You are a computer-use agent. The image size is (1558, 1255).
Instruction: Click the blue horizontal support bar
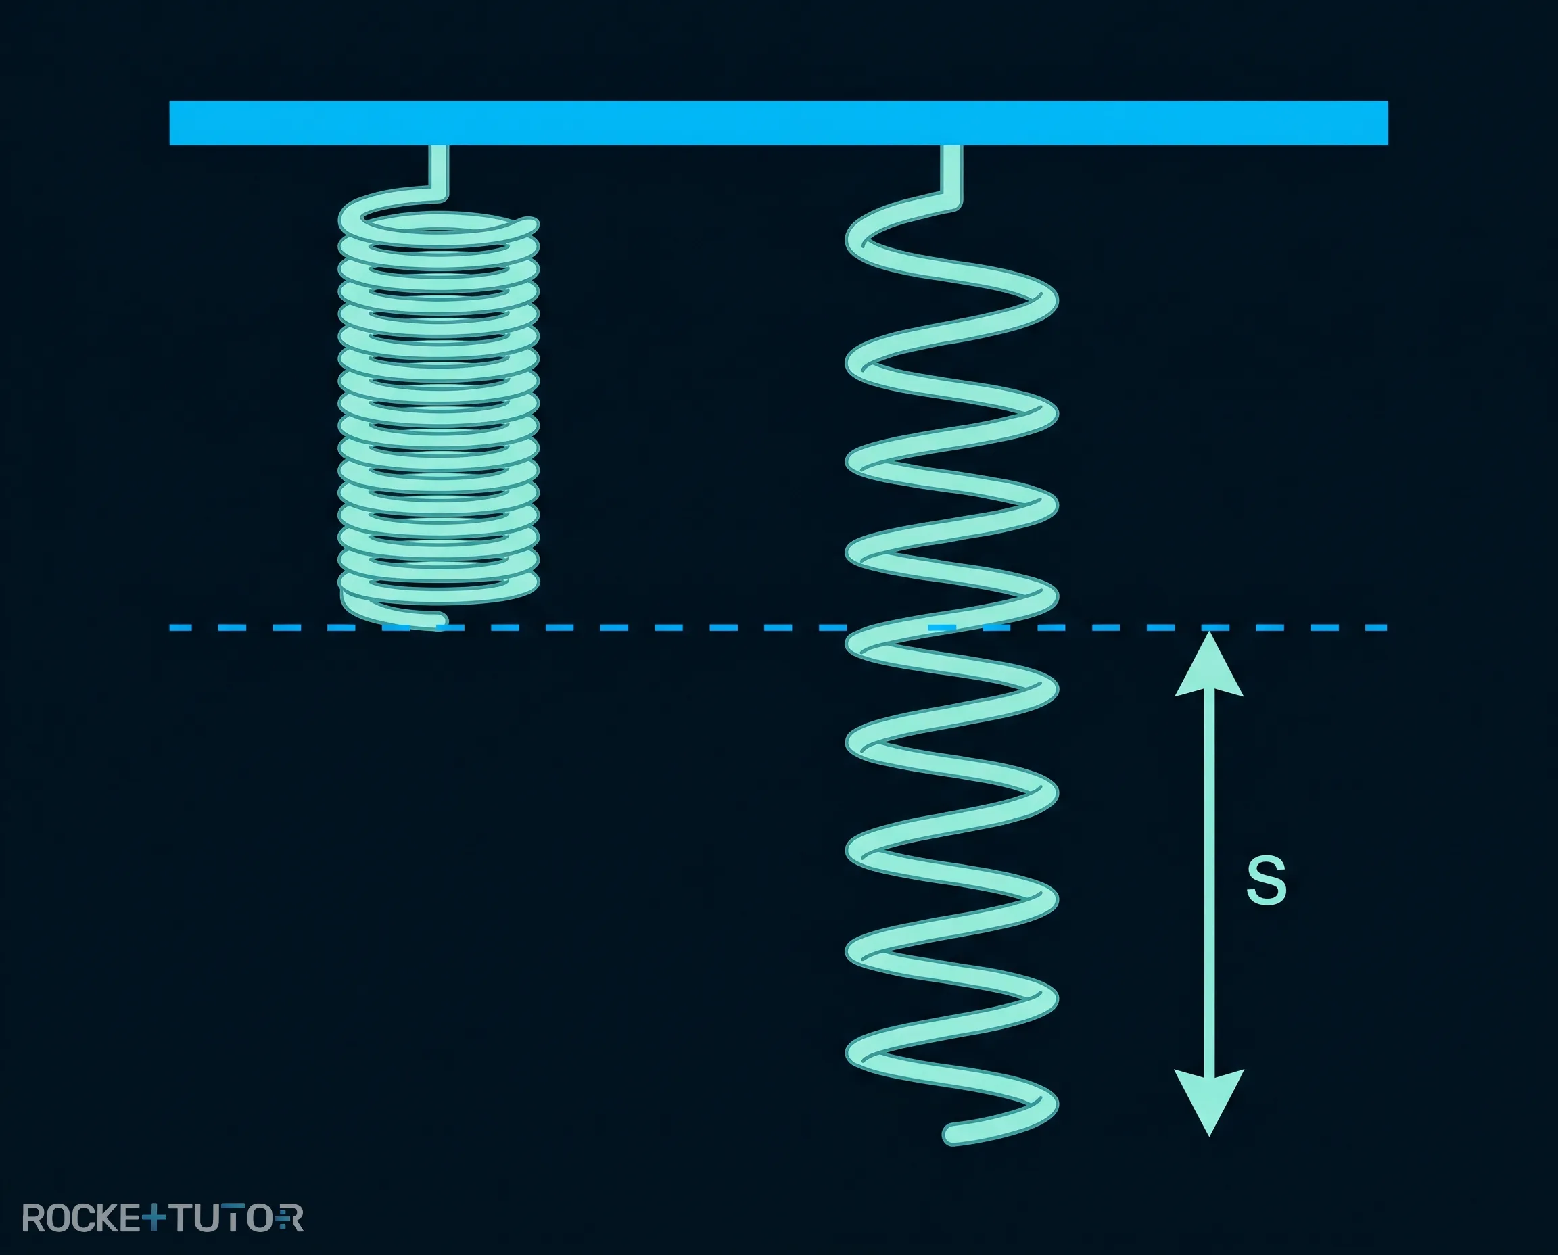(778, 123)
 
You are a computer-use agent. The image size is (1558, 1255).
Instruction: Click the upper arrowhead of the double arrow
(1209, 663)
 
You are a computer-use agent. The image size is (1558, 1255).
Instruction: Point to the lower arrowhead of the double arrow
(1209, 1103)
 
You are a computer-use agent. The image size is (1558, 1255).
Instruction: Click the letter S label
(1267, 880)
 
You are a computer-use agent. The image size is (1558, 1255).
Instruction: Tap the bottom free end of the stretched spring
(953, 1135)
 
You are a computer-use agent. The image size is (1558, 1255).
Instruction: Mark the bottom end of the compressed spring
(438, 620)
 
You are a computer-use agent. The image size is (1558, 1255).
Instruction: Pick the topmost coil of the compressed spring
(439, 224)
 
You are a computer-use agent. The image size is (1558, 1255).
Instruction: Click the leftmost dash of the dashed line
(181, 627)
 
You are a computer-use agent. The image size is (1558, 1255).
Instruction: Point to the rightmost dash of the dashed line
(1373, 627)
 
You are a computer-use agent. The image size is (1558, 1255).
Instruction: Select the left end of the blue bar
(170, 123)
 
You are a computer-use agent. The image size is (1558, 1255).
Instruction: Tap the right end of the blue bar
(1388, 123)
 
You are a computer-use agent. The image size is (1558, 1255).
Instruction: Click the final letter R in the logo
(292, 1218)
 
